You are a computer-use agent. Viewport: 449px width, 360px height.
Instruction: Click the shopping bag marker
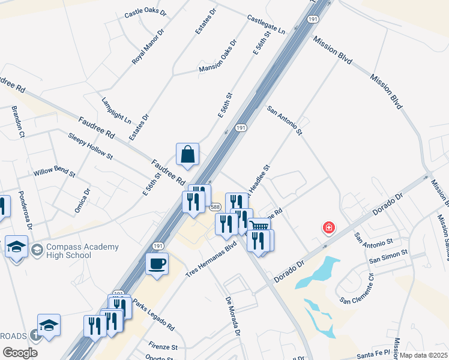coord(188,154)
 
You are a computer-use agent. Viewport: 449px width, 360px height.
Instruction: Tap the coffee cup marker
coord(157,264)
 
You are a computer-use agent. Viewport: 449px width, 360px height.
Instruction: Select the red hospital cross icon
coord(329,227)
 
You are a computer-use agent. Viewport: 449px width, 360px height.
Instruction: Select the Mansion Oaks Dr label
coord(218,59)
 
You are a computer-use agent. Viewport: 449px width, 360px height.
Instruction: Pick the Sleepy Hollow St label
coord(90,146)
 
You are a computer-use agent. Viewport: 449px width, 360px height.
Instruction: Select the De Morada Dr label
coord(234,316)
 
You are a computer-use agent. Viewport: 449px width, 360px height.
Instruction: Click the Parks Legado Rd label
coord(153,316)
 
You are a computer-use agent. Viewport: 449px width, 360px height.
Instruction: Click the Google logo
coord(20,353)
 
